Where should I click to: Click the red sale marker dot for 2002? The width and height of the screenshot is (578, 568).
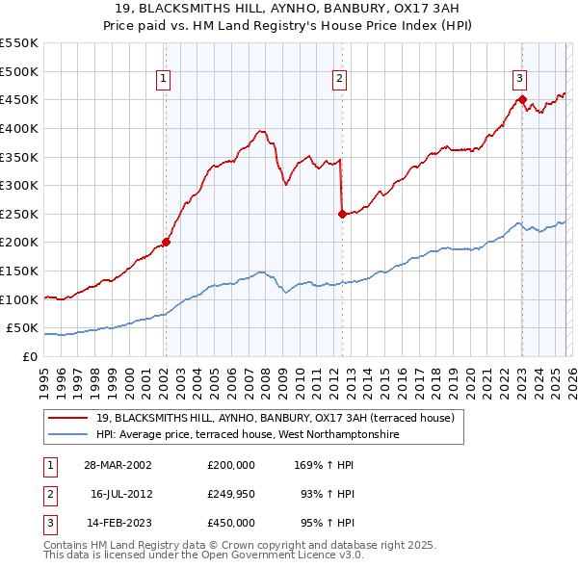coord(166,242)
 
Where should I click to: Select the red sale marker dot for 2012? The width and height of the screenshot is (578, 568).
coord(341,214)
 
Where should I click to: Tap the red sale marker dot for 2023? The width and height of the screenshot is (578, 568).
coord(521,98)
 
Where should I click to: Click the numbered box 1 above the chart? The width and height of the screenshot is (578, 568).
coord(165,80)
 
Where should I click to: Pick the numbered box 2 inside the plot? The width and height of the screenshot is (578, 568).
coord(340,80)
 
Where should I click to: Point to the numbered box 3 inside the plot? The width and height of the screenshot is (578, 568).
coord(520,80)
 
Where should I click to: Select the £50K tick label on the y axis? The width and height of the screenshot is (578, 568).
coord(21,328)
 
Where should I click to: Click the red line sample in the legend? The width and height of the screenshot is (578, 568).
coord(69,418)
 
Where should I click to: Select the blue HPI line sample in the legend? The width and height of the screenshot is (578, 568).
coord(69,434)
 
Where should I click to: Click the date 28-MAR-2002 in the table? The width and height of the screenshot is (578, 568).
coord(117,464)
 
